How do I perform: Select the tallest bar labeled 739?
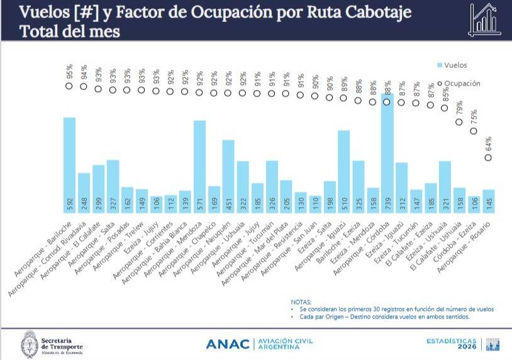[x=387, y=151]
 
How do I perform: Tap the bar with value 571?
[x=199, y=160]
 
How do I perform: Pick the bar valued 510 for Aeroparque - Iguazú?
[x=343, y=167]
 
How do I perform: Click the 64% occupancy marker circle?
[x=488, y=158]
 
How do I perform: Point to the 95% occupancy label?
[x=69, y=72]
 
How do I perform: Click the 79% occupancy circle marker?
[x=459, y=123]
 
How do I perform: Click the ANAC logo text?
[x=230, y=344]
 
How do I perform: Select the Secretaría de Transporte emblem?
[x=28, y=344]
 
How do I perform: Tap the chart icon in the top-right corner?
[x=485, y=19]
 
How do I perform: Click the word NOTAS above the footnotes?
[x=301, y=302]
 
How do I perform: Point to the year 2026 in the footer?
[x=466, y=347]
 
